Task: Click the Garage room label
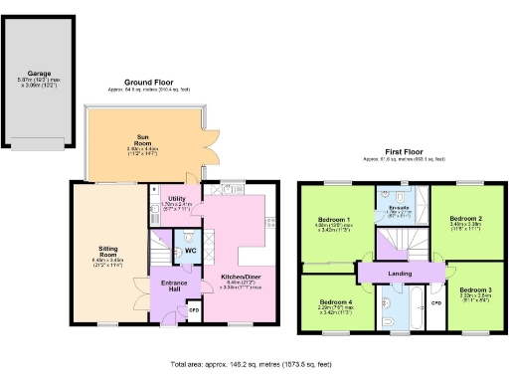40,73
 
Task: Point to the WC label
189,251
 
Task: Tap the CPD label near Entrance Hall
195,309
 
